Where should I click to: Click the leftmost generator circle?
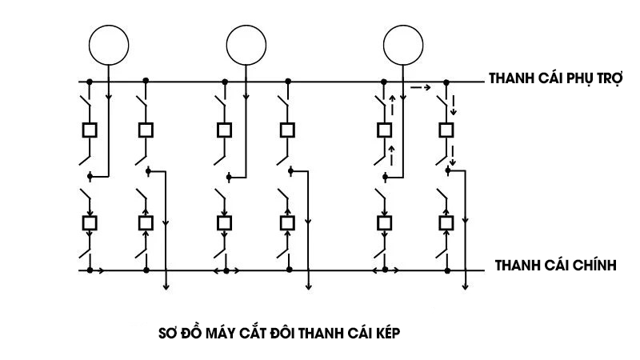coord(107,45)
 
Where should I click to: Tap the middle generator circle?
coord(246,45)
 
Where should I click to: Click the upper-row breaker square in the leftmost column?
coord(90,130)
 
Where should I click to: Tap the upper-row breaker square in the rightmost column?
coord(446,130)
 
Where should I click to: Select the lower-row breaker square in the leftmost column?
coord(90,222)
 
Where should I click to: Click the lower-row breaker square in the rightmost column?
coord(446,222)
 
